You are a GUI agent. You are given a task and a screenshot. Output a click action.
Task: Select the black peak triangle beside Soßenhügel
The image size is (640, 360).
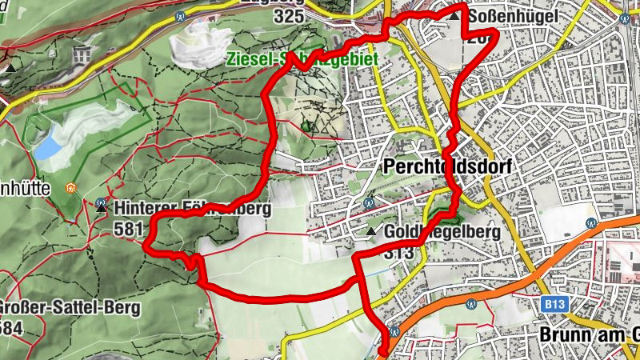point(455,15)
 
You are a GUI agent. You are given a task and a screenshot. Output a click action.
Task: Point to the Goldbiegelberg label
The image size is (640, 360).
point(442,232)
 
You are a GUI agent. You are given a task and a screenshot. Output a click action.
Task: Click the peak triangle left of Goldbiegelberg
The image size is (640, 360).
point(372,232)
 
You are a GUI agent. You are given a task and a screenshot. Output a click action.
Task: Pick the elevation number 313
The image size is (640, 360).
point(398,253)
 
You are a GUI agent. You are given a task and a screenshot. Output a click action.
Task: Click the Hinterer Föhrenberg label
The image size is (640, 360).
point(193,209)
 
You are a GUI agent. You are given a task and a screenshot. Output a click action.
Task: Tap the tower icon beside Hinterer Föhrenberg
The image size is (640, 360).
point(101,205)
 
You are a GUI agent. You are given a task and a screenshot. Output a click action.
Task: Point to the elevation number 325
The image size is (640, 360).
point(289,16)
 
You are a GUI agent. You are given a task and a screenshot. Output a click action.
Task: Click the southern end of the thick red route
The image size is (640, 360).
point(382,350)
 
